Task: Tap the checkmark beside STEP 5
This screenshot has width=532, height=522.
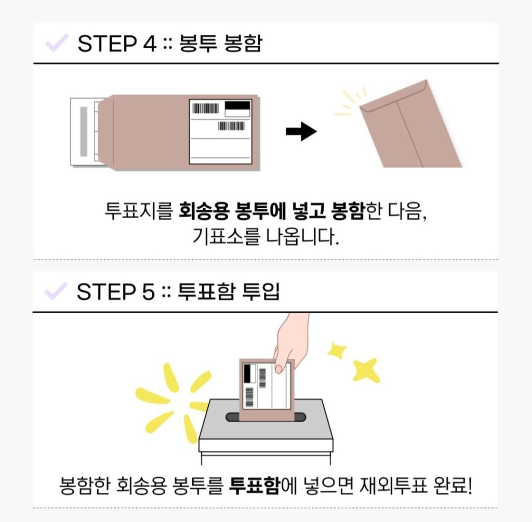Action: pyautogui.click(x=56, y=291)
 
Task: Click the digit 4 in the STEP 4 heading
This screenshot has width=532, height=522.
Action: pyautogui.click(x=150, y=44)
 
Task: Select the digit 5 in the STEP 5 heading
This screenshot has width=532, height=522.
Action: pyautogui.click(x=148, y=291)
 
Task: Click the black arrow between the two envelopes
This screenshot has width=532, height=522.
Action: pyautogui.click(x=301, y=131)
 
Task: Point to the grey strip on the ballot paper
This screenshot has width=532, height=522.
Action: pyautogui.click(x=84, y=131)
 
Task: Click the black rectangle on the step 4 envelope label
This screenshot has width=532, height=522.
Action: pyautogui.click(x=237, y=105)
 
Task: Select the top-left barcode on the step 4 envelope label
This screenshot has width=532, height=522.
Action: pyautogui.click(x=206, y=108)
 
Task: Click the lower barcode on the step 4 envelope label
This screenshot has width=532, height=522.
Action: pyautogui.click(x=231, y=126)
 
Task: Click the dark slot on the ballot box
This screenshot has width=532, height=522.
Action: pyautogui.click(x=266, y=417)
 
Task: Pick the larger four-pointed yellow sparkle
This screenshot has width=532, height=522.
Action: pyautogui.click(x=366, y=370)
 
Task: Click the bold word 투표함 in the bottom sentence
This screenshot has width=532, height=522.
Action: pyautogui.click(x=255, y=485)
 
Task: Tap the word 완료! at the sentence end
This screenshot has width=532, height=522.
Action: pyautogui.click(x=453, y=485)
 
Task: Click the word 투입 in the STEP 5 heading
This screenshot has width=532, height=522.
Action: pyautogui.click(x=261, y=291)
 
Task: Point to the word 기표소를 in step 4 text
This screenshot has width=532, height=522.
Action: pyautogui.click(x=226, y=236)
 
